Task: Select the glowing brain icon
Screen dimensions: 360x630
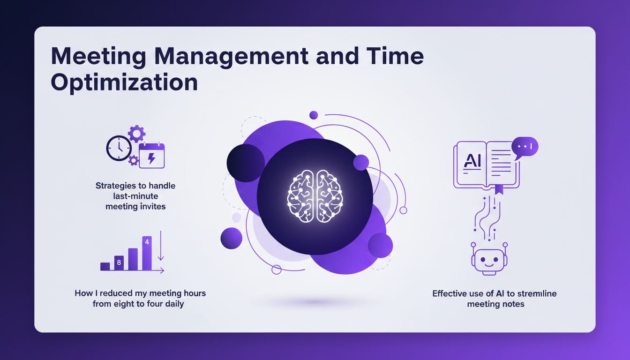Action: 315,195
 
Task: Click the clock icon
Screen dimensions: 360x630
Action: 119,149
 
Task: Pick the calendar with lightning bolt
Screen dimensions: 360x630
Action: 152,156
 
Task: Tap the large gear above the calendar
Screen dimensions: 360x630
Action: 137,134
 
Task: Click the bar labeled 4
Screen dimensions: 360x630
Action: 147,253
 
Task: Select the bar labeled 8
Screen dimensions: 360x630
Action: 119,263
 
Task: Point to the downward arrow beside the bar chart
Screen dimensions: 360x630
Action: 161,246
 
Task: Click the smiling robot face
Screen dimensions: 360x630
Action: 488,259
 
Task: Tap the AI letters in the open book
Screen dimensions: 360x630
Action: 472,160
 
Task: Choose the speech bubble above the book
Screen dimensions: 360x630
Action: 525,147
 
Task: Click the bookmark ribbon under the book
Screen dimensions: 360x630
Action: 499,189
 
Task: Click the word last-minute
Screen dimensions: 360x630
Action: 135,196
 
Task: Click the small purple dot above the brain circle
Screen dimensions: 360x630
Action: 314,115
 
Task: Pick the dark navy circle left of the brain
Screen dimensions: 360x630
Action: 246,163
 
